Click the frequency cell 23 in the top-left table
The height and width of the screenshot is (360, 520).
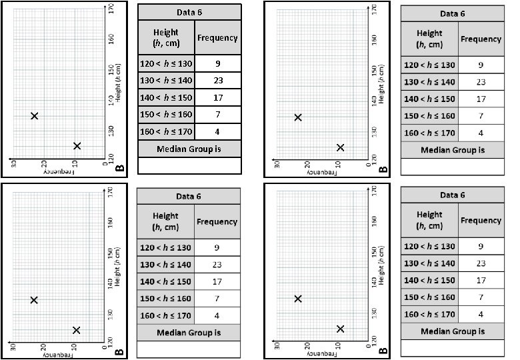[x=217, y=81]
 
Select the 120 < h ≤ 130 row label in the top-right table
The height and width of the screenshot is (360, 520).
[x=429, y=65]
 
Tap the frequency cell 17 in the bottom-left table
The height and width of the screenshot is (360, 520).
[x=217, y=281]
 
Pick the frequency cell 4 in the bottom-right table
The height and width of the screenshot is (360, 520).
[x=480, y=313]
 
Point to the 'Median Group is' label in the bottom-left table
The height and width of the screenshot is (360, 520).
[x=188, y=332]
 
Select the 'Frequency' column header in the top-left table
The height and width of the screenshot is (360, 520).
[x=217, y=37]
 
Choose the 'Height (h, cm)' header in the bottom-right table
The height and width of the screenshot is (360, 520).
[x=429, y=220]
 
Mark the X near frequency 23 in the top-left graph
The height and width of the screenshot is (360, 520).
[x=35, y=116]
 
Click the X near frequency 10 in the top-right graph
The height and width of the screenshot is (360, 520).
[x=340, y=147]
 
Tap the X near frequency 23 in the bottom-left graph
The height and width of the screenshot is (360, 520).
[x=35, y=300]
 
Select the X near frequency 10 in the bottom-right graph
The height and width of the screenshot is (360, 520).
[x=340, y=329]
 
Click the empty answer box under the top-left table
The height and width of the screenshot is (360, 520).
[x=189, y=165]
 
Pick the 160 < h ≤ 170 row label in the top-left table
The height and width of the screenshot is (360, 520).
[x=166, y=131]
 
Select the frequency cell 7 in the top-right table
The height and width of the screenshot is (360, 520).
[x=480, y=116]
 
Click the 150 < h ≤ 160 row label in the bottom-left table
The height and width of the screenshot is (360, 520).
[x=165, y=298]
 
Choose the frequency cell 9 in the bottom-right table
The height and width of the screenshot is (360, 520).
[x=480, y=246]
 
